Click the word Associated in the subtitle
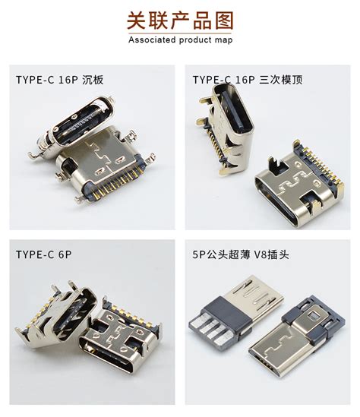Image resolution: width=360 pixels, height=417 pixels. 155,39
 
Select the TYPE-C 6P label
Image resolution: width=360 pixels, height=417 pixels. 39,254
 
